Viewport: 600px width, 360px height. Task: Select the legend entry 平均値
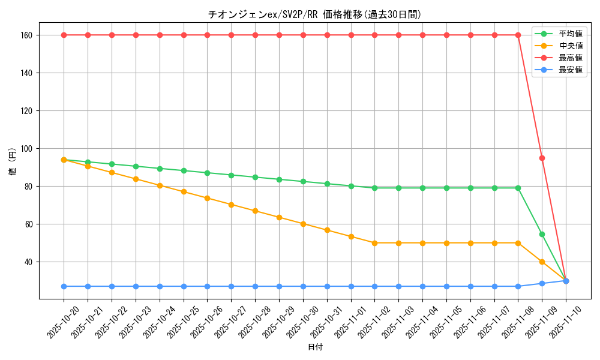click(x=570, y=34)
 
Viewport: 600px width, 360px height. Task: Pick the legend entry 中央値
click(x=570, y=46)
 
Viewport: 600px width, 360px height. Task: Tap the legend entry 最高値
click(x=570, y=58)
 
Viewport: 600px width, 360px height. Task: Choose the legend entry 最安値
click(x=570, y=70)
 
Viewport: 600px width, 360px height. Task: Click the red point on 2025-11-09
click(x=542, y=158)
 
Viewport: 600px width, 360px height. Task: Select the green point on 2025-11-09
click(x=542, y=234)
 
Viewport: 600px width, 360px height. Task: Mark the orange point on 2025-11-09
click(x=542, y=262)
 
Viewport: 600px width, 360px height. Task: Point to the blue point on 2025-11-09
click(x=542, y=283)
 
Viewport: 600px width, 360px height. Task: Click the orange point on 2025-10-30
click(x=303, y=224)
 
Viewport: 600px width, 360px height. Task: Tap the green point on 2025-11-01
click(x=351, y=186)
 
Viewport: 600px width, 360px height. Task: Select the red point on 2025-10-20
click(x=64, y=35)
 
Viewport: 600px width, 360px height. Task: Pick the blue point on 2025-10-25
click(x=184, y=286)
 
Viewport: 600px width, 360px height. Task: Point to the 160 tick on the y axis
click(x=28, y=35)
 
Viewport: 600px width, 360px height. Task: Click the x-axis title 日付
click(x=315, y=347)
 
